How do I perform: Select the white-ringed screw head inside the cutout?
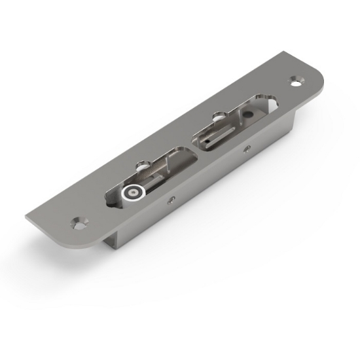coord(132,192)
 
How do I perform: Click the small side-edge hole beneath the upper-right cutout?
coord(246,148)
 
